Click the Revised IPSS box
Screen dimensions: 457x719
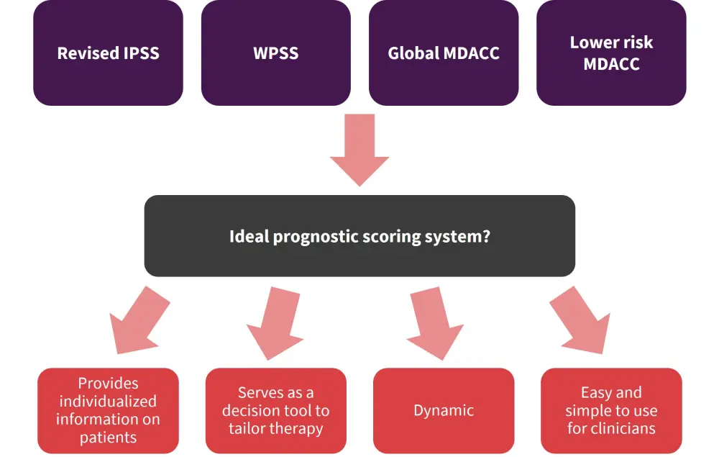pyautogui.click(x=108, y=53)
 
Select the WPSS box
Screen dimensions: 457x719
pyautogui.click(x=276, y=53)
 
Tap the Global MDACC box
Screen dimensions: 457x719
pyautogui.click(x=444, y=53)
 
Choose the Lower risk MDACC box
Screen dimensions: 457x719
pyautogui.click(x=611, y=53)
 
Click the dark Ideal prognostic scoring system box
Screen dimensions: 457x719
pyautogui.click(x=359, y=236)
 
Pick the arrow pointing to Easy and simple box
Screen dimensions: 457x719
pyautogui.click(x=582, y=320)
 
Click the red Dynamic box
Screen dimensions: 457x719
pyautogui.click(x=444, y=411)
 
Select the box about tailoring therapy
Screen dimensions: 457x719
pyautogui.click(x=276, y=411)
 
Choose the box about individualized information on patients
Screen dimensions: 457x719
pyautogui.click(x=108, y=411)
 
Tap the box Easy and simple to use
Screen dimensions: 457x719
pyautogui.click(x=611, y=411)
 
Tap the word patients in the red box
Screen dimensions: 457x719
pyautogui.click(x=108, y=437)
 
